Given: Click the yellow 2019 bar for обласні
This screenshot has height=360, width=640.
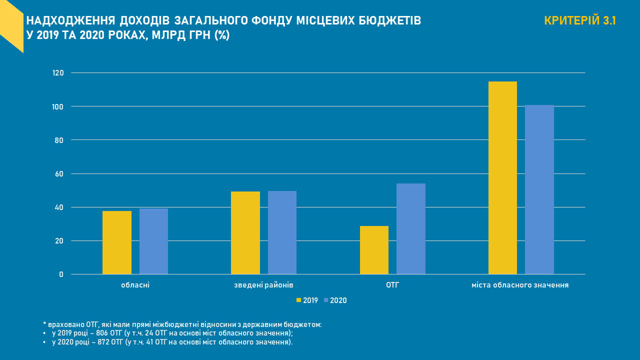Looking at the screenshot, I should pyautogui.click(x=117, y=242).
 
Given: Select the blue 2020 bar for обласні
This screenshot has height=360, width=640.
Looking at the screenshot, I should pyautogui.click(x=153, y=241).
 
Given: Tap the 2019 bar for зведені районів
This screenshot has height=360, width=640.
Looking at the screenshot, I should pyautogui.click(x=245, y=233).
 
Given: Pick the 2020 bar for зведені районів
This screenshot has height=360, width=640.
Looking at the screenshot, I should pyautogui.click(x=282, y=232).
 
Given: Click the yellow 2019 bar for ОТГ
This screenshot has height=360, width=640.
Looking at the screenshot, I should pyautogui.click(x=374, y=250).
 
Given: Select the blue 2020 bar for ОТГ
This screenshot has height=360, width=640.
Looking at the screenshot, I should pyautogui.click(x=411, y=229).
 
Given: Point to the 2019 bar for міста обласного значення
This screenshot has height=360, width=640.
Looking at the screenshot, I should pyautogui.click(x=502, y=178).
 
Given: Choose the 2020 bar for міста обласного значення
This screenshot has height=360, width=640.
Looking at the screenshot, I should pyautogui.click(x=539, y=189).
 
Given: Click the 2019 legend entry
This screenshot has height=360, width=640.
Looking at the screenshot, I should pyautogui.click(x=307, y=300).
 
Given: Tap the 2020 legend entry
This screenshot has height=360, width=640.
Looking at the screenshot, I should pyautogui.click(x=335, y=300).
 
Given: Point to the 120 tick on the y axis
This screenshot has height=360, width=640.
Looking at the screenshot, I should pyautogui.click(x=58, y=73).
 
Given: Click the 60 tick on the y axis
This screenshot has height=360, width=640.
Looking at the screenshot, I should pyautogui.click(x=59, y=174).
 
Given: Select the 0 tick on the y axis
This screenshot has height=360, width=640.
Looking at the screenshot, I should pyautogui.click(x=61, y=274).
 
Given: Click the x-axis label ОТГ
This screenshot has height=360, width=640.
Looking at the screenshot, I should pyautogui.click(x=392, y=285).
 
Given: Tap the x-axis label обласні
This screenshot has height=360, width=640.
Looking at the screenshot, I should pyautogui.click(x=135, y=285).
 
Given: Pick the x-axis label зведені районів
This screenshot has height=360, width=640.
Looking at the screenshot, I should pyautogui.click(x=263, y=285).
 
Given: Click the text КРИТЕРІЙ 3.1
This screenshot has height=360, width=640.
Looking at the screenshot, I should pyautogui.click(x=580, y=21).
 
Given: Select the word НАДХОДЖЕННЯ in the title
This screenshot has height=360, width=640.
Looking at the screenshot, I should pyautogui.click(x=71, y=21).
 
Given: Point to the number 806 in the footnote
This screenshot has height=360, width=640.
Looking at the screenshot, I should pyautogui.click(x=110, y=333).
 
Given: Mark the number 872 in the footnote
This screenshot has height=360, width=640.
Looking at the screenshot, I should pyautogui.click(x=110, y=342).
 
